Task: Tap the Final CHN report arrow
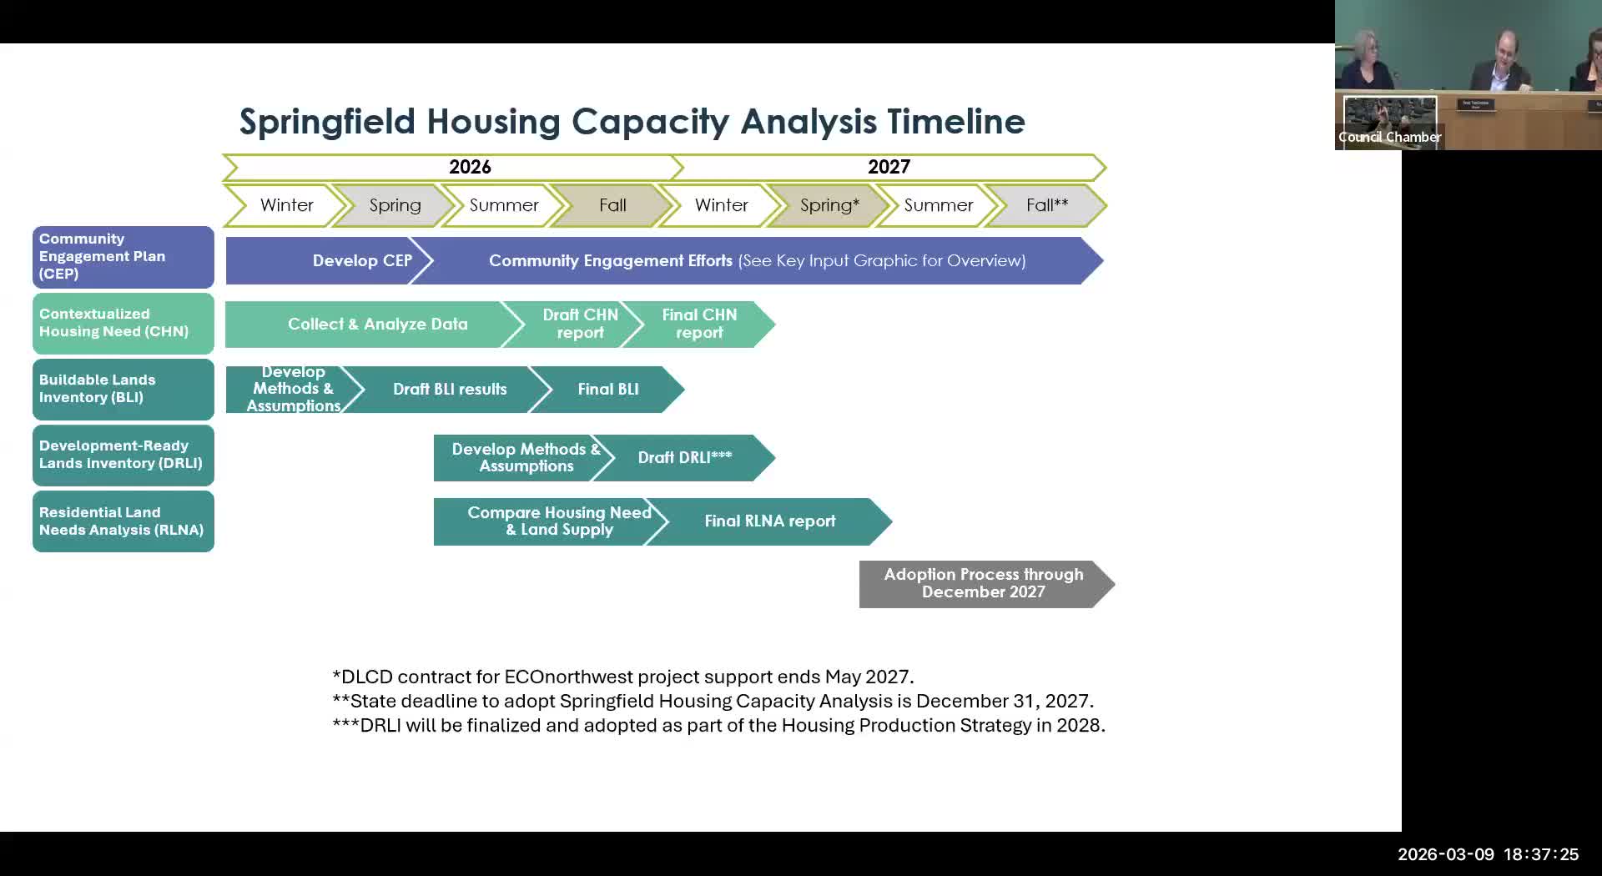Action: (699, 324)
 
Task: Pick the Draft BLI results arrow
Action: (449, 390)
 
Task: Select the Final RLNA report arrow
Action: (769, 521)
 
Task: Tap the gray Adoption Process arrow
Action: (983, 583)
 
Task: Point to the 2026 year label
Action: (470, 167)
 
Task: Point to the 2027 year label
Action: (889, 167)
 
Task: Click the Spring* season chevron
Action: (829, 205)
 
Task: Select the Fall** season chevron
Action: (1046, 205)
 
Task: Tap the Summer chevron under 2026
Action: (503, 205)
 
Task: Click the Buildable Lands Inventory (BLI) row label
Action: (123, 389)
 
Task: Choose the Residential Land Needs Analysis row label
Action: (123, 521)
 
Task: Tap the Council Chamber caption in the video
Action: (1389, 137)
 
